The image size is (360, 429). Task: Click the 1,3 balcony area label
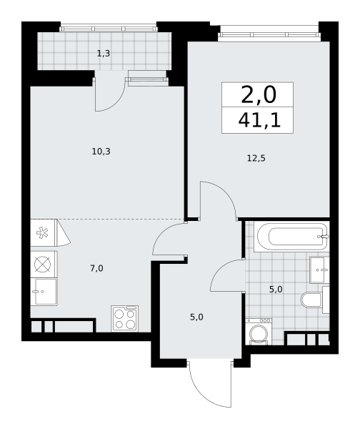click(104, 54)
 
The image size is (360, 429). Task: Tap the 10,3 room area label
click(101, 152)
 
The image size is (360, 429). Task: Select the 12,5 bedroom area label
click(256, 158)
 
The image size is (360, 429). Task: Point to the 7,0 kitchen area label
click(96, 269)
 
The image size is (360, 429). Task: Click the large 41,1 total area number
click(259, 121)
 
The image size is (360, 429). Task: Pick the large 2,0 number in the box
click(259, 95)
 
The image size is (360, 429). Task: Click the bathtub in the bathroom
click(291, 237)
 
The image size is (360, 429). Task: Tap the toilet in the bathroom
click(314, 300)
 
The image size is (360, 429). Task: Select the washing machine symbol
click(259, 331)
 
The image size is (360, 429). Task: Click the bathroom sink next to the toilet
click(319, 270)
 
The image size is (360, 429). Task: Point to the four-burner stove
click(125, 318)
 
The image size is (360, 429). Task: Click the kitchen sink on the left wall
click(44, 292)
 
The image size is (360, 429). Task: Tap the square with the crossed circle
click(43, 265)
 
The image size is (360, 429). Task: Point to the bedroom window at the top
click(269, 35)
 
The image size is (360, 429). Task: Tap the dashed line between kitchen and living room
click(107, 220)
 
